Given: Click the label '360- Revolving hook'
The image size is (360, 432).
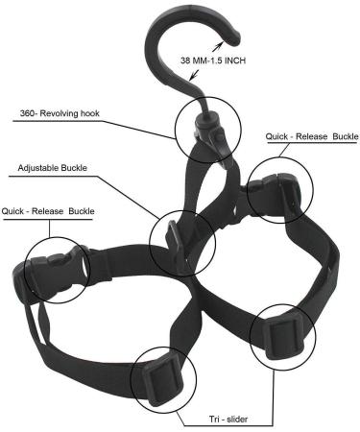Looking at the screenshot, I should point(60,112).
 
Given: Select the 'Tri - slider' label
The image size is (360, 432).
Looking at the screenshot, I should point(204,419).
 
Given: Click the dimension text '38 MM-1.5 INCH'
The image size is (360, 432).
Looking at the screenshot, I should point(218,60).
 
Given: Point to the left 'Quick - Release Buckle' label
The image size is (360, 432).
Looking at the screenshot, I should point(48,210).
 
